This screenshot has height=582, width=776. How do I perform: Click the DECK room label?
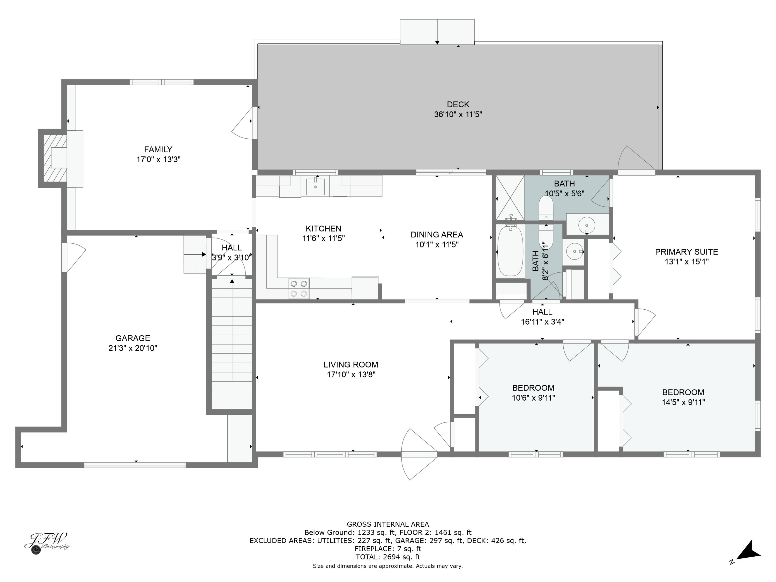tap(458, 105)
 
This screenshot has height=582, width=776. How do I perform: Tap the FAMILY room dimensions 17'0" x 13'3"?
tap(158, 160)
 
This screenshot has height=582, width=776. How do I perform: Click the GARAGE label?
tap(133, 338)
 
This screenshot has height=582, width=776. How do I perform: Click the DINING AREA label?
tap(437, 235)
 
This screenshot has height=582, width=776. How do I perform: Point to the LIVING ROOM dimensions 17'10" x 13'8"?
tap(351, 375)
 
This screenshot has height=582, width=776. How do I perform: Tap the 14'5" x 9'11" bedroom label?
tap(683, 397)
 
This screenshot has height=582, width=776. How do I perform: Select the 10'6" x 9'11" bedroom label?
tap(533, 393)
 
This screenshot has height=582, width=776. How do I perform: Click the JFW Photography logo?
tap(46, 543)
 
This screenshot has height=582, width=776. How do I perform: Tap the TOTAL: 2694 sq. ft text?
tap(388, 557)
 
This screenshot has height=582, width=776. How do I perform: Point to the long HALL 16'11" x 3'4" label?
tap(542, 316)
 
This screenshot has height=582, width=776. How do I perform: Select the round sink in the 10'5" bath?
tap(587, 224)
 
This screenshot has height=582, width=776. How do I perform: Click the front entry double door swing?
tap(419, 454)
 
